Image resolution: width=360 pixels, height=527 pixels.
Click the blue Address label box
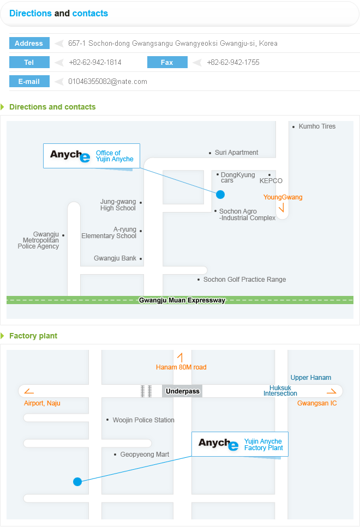tap(29, 43)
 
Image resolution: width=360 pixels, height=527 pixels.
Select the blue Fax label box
tap(167, 62)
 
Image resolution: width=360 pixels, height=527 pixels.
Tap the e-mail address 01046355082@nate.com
tap(107, 81)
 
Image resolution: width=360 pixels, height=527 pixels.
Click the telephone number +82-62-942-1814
tap(95, 62)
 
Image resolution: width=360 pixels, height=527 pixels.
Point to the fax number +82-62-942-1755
tap(233, 62)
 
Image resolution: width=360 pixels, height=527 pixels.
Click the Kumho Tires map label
tap(317, 126)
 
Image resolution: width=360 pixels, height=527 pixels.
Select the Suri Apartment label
tap(236, 153)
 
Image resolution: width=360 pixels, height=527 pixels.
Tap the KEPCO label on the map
tap(271, 181)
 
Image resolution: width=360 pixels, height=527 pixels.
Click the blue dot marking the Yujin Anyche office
tap(220, 194)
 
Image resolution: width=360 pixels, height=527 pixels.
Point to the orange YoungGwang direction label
tap(283, 197)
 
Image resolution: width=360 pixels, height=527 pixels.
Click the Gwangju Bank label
tap(115, 258)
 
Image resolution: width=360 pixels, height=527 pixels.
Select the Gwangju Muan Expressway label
tap(182, 300)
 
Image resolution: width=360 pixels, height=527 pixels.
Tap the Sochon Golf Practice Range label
tap(244, 279)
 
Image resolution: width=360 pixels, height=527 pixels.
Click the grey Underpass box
tap(182, 391)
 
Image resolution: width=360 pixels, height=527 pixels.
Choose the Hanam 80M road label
tap(181, 367)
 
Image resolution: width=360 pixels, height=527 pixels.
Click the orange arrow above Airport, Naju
tap(29, 391)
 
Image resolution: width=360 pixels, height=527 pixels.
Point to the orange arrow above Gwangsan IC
tap(332, 391)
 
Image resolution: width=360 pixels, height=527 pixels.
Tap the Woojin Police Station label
tap(143, 420)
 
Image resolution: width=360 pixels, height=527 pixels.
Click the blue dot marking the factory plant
tap(77, 482)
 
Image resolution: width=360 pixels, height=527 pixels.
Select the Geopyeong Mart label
tap(145, 455)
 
